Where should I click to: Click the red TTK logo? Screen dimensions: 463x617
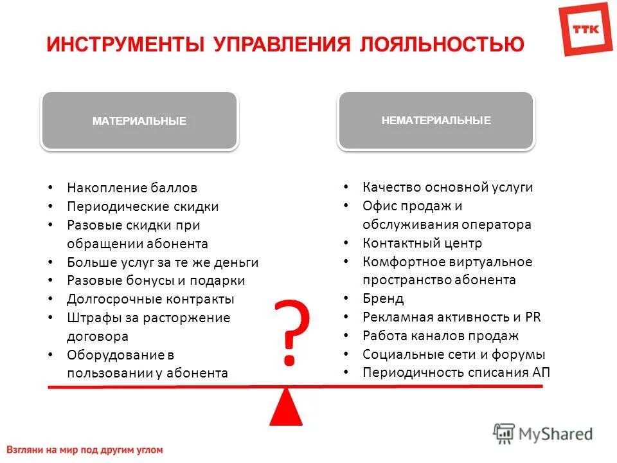click(586, 28)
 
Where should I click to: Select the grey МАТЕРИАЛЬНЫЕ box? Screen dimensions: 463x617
click(139, 120)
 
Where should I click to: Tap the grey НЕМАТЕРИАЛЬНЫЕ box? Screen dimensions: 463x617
click(436, 120)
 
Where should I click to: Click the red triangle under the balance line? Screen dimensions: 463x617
click(286, 408)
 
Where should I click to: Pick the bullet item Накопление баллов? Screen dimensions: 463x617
click(132, 188)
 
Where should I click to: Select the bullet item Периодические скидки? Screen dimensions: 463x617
click(143, 206)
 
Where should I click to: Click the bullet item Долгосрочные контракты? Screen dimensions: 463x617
click(150, 299)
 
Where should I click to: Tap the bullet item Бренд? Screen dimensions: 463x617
click(383, 298)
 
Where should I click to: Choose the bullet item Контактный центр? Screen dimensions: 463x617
click(422, 243)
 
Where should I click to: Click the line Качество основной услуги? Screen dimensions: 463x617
click(447, 187)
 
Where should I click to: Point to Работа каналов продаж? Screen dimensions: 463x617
click(440, 336)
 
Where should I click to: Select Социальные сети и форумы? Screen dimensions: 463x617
click(454, 354)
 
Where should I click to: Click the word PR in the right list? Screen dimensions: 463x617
click(533, 317)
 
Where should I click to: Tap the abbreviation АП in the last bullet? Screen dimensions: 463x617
click(541, 372)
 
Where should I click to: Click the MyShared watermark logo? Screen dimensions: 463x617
click(543, 433)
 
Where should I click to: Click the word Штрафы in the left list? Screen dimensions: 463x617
click(89, 318)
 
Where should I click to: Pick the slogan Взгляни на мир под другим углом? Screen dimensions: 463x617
click(85, 450)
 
